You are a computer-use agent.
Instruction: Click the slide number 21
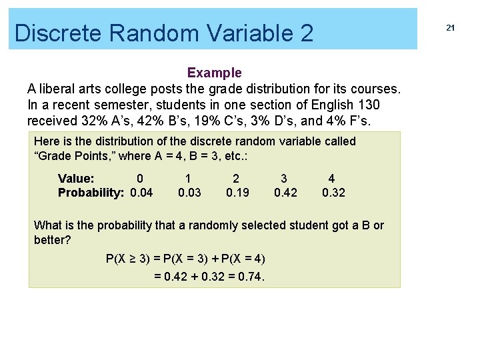pos(450,27)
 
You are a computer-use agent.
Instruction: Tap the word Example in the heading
pos(214,72)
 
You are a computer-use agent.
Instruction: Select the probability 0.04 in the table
pos(141,193)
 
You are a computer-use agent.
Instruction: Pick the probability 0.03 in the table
pos(189,193)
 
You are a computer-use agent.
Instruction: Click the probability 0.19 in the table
pos(237,193)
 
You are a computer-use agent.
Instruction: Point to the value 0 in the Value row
pos(139,179)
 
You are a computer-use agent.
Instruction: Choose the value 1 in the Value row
pos(188,179)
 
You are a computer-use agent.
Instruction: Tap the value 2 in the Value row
pos(235,179)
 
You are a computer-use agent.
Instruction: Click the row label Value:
pos(76,179)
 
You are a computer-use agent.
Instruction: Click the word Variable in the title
pos(237,33)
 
